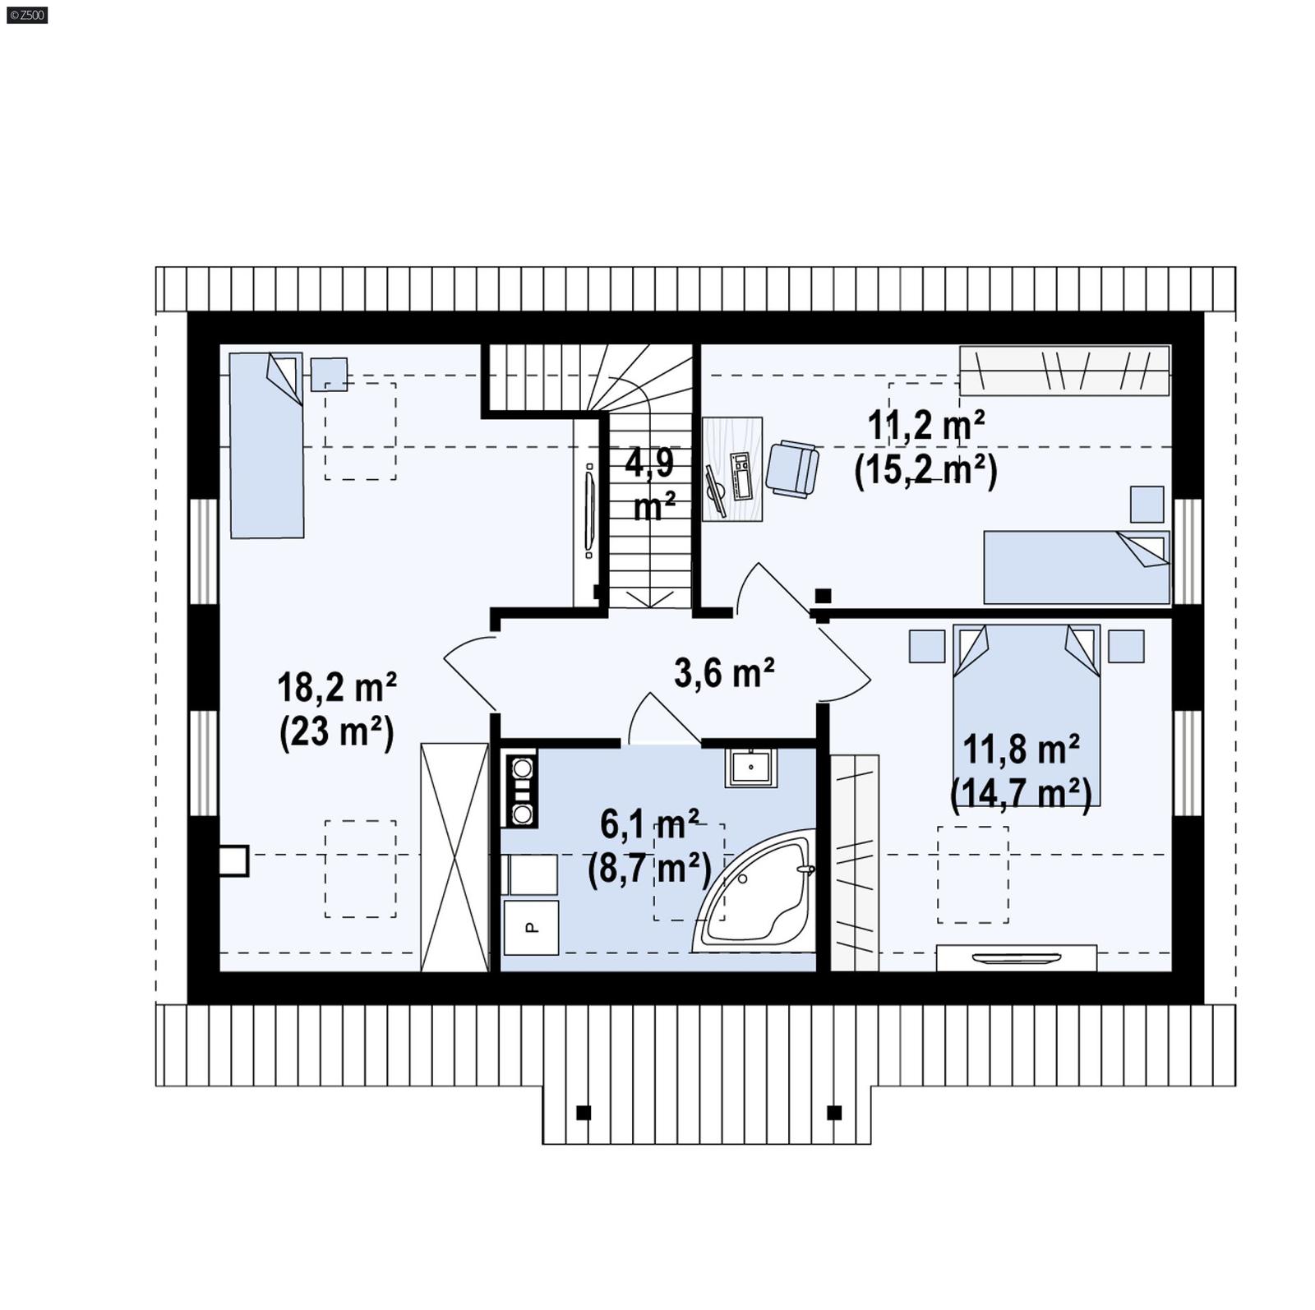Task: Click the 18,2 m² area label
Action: click(337, 687)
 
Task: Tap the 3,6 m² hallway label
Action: click(723, 673)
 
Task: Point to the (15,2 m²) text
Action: click(925, 471)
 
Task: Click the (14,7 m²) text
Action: click(1020, 794)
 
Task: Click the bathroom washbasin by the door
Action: click(750, 767)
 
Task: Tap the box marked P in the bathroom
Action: click(531, 927)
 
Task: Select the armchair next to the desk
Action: click(791, 468)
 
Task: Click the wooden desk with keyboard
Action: click(731, 468)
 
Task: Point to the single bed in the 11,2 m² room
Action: click(1076, 566)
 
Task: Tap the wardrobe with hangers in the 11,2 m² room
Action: click(1064, 370)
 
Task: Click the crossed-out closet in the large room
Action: click(454, 856)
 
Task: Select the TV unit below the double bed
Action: click(1016, 957)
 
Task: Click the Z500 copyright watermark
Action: click(26, 14)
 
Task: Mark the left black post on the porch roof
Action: click(584, 1113)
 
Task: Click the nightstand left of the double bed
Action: click(926, 646)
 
